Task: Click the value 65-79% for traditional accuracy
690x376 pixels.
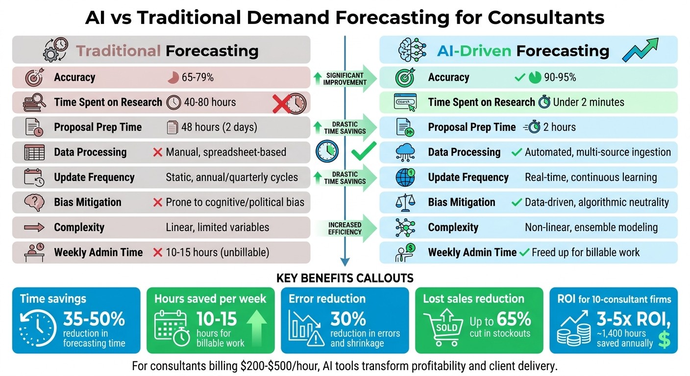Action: [197, 77]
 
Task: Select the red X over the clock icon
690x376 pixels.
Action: [284, 103]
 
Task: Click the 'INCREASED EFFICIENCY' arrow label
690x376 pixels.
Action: [345, 228]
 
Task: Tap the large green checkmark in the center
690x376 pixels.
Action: [364, 152]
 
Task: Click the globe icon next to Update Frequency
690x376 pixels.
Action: [405, 177]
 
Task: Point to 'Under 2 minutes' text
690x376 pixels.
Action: [589, 102]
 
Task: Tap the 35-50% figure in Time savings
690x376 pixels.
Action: [94, 320]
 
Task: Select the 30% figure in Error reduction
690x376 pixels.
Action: [348, 319]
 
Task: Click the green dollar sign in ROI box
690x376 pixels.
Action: [664, 339]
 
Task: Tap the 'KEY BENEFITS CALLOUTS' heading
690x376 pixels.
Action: [345, 279]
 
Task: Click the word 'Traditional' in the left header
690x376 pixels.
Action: [119, 50]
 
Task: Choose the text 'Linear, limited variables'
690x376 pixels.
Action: [217, 227]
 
